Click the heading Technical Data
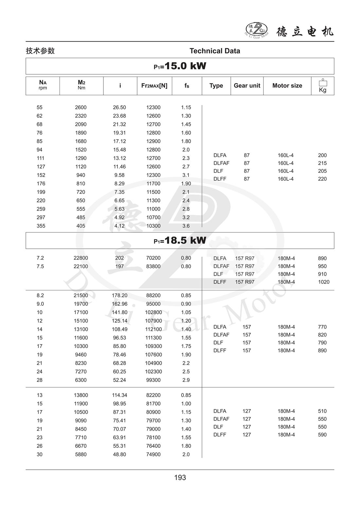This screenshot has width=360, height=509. point(215,51)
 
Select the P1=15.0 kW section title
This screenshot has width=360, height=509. point(180,66)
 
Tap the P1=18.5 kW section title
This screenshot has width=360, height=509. point(180,241)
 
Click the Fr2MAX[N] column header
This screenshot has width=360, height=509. point(154,86)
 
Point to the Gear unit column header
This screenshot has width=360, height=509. point(247,86)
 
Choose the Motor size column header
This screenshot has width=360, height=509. point(287,86)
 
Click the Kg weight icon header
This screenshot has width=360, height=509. point(323,86)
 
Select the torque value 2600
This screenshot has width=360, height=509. point(81,107)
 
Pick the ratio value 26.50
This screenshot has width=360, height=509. point(119,107)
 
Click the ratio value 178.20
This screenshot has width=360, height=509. point(119,295)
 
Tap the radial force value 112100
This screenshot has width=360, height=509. point(153,329)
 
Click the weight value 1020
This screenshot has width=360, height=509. point(324,282)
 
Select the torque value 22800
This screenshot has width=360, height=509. point(81,258)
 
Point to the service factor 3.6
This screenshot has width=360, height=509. point(186,226)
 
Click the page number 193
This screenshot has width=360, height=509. point(180,478)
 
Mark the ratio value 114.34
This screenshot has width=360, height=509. point(119,395)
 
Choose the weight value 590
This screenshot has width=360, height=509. point(322,435)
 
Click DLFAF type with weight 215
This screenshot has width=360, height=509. point(221,163)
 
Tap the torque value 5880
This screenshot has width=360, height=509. point(81,454)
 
